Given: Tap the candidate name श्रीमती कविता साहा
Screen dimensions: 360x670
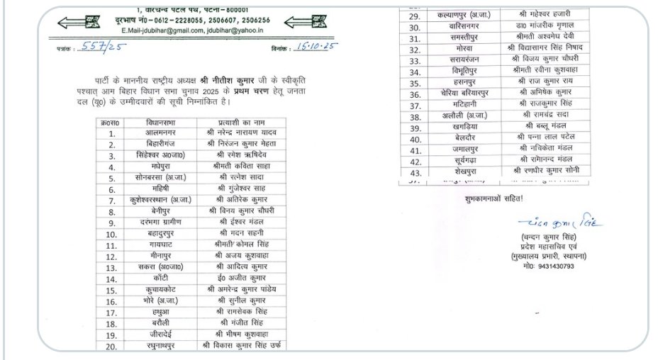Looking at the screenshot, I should [x=242, y=167].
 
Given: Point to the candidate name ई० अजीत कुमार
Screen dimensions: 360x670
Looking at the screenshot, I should [x=242, y=279].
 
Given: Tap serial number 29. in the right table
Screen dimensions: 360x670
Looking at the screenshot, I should [x=415, y=15].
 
